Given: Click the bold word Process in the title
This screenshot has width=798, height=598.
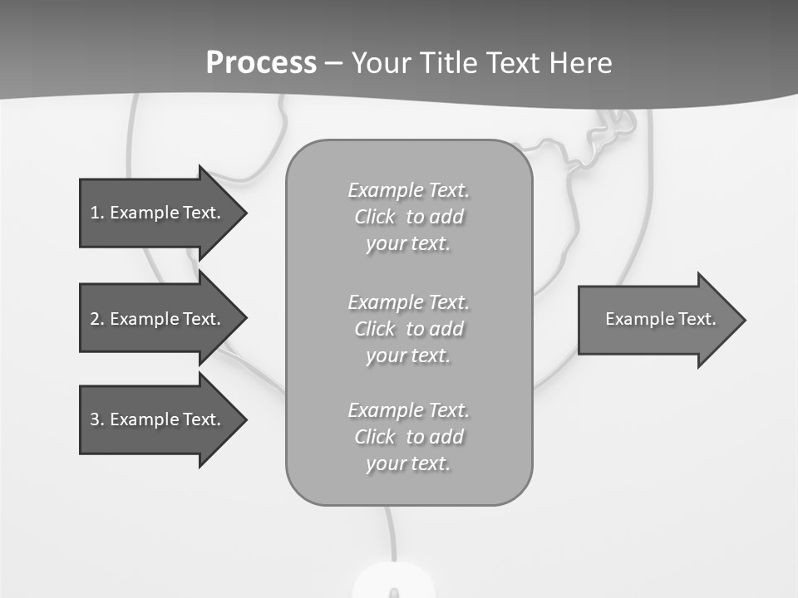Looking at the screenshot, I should pyautogui.click(x=261, y=63).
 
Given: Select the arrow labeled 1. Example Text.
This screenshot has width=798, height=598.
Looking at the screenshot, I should pyautogui.click(x=154, y=213).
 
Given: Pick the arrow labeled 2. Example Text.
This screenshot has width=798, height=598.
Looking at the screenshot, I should pyautogui.click(x=154, y=319).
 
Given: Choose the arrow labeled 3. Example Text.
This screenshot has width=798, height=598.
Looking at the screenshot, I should pyautogui.click(x=154, y=419).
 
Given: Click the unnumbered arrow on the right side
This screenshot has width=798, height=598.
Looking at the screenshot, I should pyautogui.click(x=657, y=320).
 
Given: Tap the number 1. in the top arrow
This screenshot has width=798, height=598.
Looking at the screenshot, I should pyautogui.click(x=96, y=213).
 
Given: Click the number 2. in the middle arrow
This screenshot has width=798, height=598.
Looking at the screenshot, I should pyautogui.click(x=96, y=319).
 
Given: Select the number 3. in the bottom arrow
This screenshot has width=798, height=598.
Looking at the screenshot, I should pyautogui.click(x=96, y=419).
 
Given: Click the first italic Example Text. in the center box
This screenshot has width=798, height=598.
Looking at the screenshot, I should pyautogui.click(x=408, y=190).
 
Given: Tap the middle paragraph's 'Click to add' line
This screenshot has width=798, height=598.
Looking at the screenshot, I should pyautogui.click(x=408, y=329).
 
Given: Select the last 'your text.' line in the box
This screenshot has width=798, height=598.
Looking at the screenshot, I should pyautogui.click(x=408, y=463).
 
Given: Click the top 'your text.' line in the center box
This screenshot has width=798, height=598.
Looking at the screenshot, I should pyautogui.click(x=408, y=244).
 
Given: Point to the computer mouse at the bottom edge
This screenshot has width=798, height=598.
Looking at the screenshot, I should pyautogui.click(x=393, y=582).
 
